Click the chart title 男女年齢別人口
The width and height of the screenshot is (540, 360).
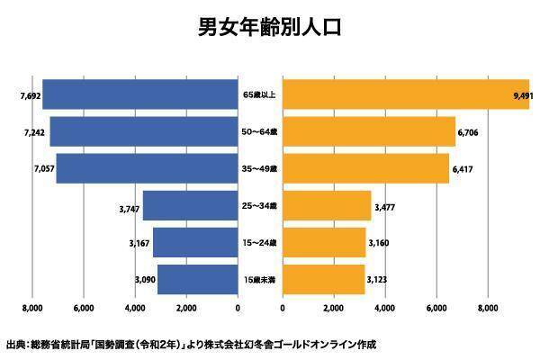point(270,28)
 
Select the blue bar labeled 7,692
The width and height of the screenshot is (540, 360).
point(139,94)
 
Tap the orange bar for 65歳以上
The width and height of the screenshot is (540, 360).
point(406,94)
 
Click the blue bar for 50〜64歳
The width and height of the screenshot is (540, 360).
point(144,131)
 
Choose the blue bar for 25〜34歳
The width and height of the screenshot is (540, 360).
point(190,206)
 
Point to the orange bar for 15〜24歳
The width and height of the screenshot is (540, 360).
point(324,243)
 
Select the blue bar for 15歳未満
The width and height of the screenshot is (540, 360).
point(197,280)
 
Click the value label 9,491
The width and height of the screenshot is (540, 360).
point(521,94)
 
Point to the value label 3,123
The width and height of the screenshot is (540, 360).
point(378,280)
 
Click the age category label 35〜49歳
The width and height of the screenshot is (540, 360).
point(260,168)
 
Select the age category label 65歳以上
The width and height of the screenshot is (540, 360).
point(260,94)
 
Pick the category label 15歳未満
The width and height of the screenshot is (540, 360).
point(260,280)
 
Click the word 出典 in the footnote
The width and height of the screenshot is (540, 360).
point(15,345)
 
